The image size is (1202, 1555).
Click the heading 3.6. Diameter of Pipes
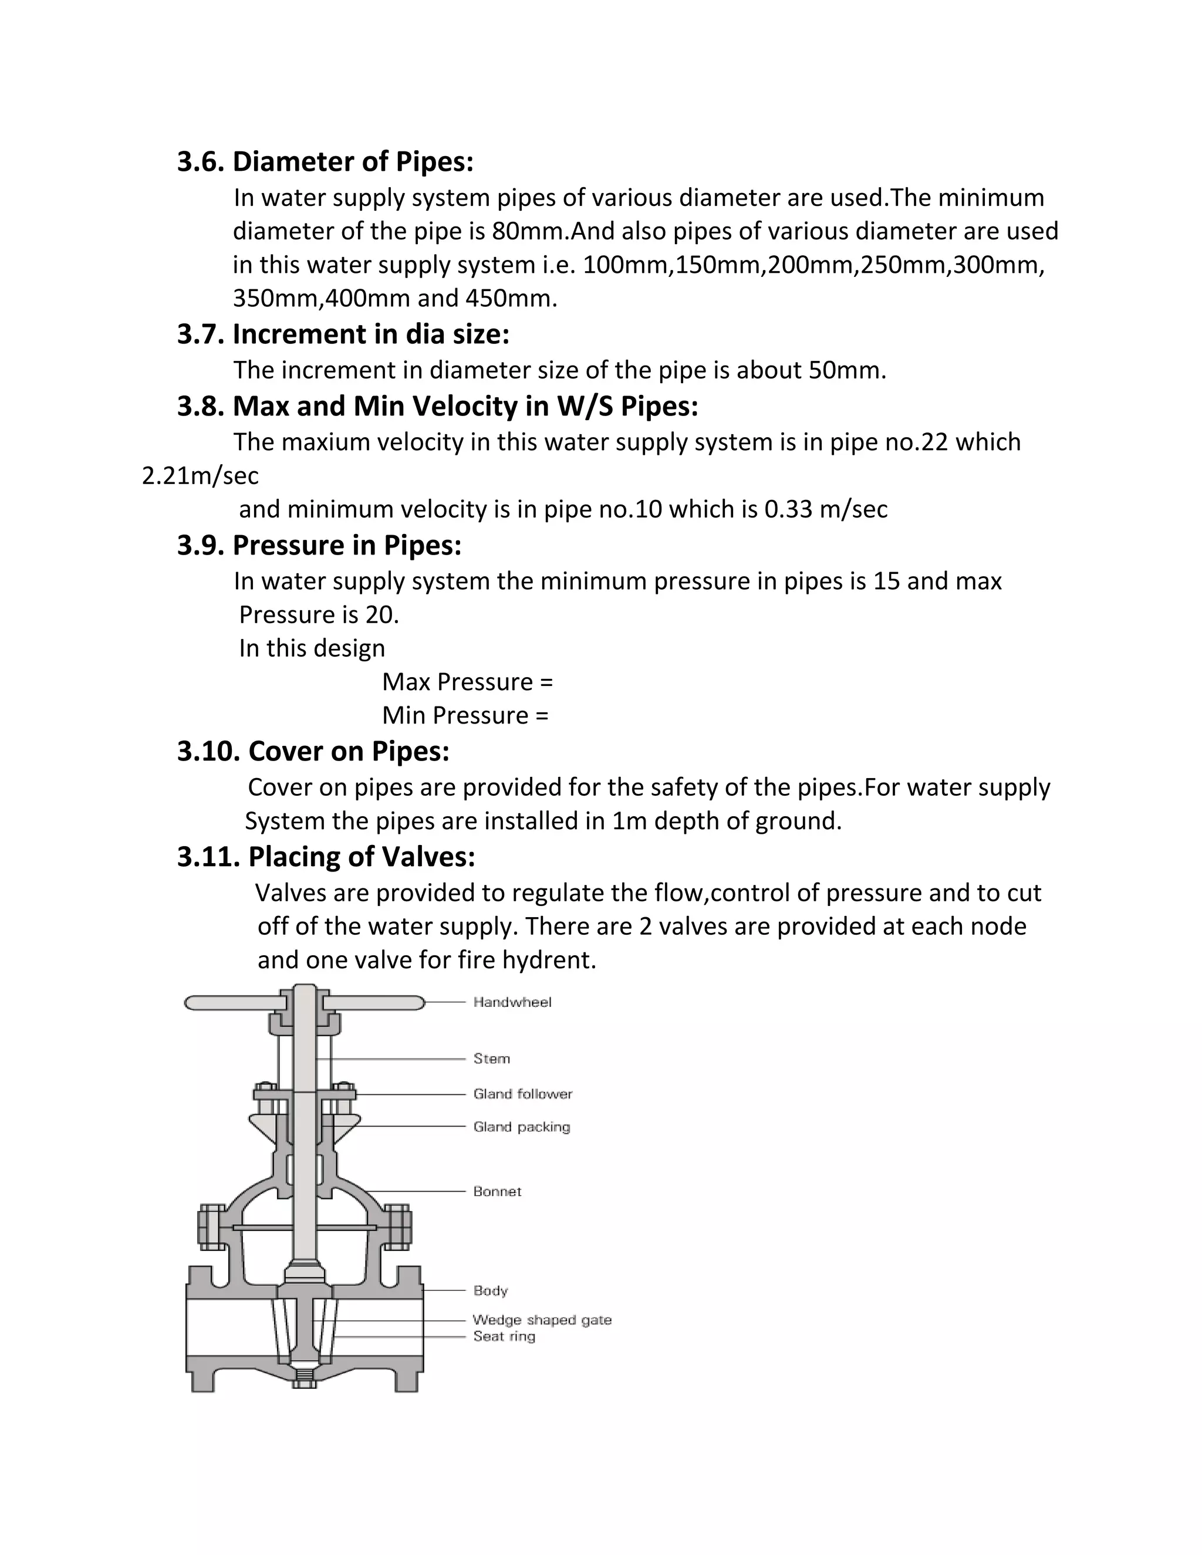[x=325, y=161]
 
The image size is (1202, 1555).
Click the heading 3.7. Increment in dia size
[x=343, y=334]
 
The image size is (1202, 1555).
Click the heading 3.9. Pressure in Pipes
[x=319, y=545]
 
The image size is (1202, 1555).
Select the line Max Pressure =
[x=467, y=682]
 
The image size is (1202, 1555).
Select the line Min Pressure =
[x=465, y=715]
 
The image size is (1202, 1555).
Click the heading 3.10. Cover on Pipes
[x=313, y=751]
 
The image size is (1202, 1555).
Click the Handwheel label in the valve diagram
[x=512, y=1002]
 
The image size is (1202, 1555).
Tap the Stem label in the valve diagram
[x=491, y=1059]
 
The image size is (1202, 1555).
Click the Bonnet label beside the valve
[x=497, y=1191]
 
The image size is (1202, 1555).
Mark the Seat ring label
[x=504, y=1336]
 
